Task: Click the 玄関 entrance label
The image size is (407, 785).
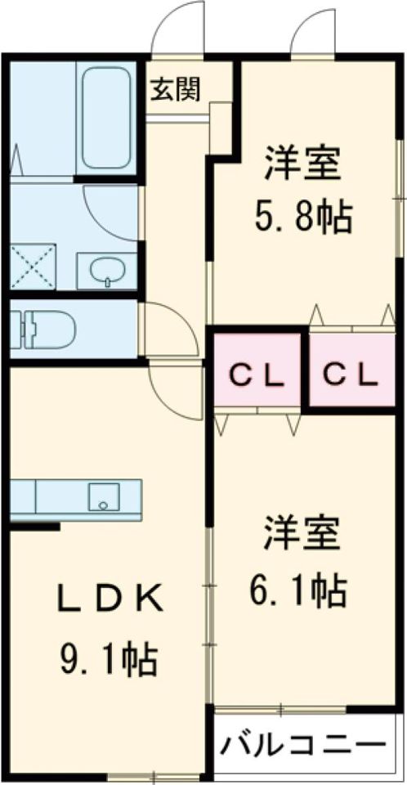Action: [174, 89]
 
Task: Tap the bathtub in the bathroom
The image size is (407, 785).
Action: [107, 118]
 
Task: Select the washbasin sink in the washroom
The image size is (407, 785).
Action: [106, 270]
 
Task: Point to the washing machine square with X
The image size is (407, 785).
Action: [33, 266]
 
